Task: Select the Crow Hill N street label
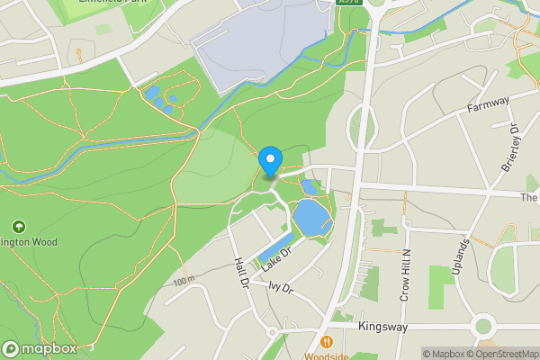coord(405,274)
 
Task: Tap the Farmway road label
coord(489,106)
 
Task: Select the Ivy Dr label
coord(281,288)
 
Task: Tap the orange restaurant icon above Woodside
coord(325,342)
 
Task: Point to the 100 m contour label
coord(184,281)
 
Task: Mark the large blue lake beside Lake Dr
coord(308,218)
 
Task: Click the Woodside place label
coord(326,356)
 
